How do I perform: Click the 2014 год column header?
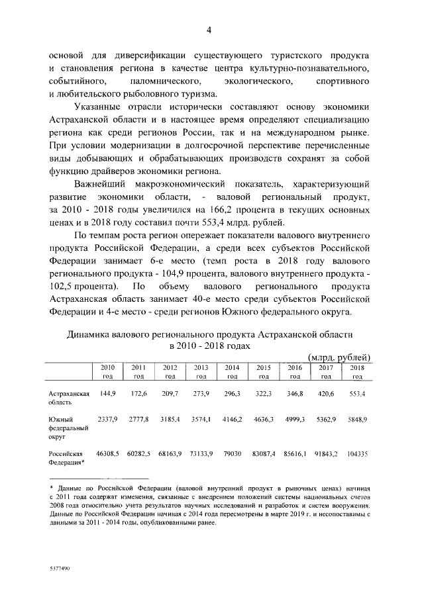point(232,371)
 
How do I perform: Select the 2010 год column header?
point(107,371)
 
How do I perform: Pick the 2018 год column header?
point(357,371)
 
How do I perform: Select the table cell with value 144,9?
point(107,393)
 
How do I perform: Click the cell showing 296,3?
point(232,393)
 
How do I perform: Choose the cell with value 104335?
point(357,453)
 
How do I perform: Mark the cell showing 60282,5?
point(138,453)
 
